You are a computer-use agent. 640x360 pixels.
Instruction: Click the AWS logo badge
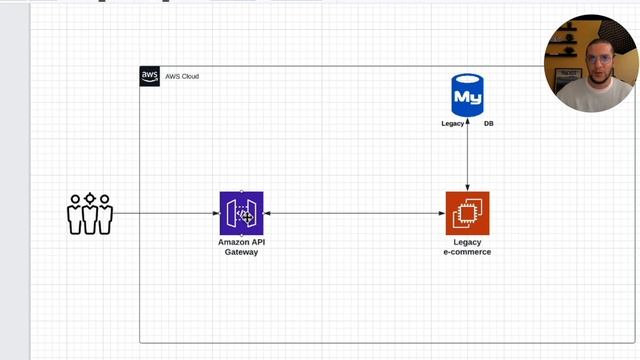(149, 76)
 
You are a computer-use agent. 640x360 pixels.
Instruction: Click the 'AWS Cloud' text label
(182, 76)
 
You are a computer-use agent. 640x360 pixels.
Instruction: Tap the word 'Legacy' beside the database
(452, 124)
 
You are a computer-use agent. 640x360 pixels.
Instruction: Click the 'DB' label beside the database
(488, 124)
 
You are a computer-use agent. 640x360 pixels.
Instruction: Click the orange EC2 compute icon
(467, 212)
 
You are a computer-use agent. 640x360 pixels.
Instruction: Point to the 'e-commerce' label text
(467, 252)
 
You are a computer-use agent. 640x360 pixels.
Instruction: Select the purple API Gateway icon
(241, 212)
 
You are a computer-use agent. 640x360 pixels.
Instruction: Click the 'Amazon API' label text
(241, 242)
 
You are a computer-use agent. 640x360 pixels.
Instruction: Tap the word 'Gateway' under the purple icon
(241, 252)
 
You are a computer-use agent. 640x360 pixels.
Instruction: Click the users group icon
(90, 213)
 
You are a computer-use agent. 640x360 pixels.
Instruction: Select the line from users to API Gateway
(165, 213)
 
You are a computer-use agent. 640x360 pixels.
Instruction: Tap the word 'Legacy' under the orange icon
(467, 242)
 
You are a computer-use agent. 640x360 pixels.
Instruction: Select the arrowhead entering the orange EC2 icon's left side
(442, 213)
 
